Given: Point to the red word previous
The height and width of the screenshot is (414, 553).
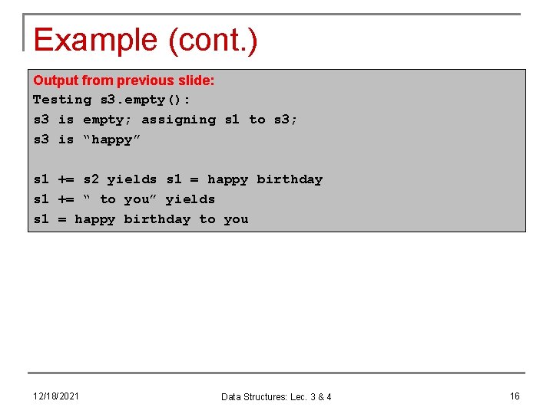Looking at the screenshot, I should coord(143,80).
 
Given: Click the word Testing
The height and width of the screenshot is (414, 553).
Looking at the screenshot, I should coord(62,100).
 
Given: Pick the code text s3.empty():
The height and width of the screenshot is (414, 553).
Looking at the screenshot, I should coord(145,100).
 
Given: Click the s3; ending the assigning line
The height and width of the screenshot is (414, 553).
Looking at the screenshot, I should coord(286,120).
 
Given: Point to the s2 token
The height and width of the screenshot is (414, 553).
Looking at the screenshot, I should coord(91,179).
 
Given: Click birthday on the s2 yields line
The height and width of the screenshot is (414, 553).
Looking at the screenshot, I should coord(290,179).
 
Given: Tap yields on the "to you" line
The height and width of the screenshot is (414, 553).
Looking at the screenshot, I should coord(190,199).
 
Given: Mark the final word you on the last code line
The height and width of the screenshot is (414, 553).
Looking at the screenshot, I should coord(236,219).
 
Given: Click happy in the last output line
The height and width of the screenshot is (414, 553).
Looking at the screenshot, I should coord(95,219).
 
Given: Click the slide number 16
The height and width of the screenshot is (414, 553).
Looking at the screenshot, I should coord(515,396).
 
